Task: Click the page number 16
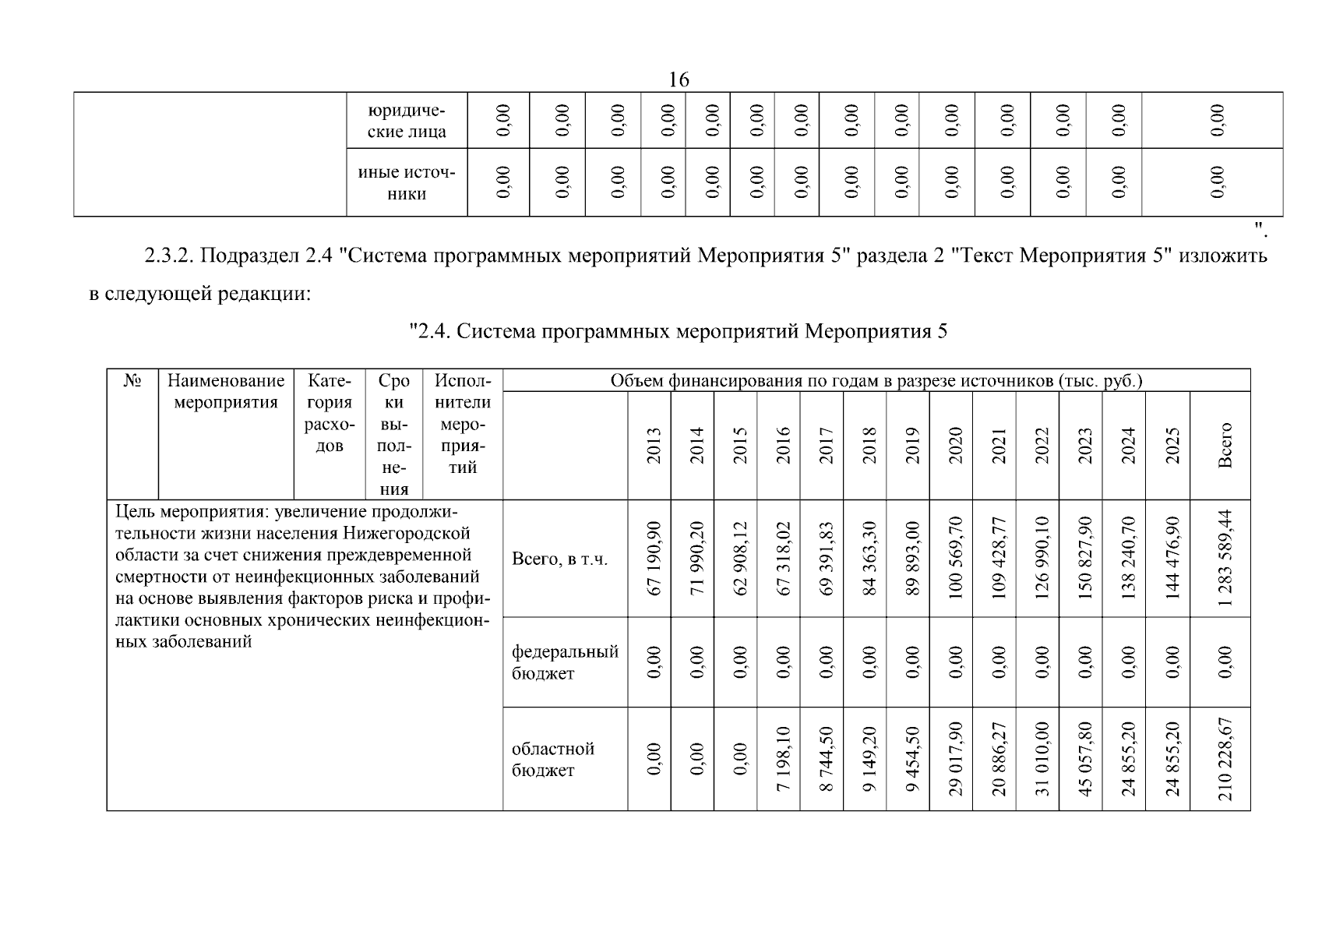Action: point(679,79)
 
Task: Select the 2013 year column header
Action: point(654,446)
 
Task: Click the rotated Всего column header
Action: point(1225,446)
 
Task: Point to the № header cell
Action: point(132,382)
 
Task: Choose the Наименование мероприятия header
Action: point(226,392)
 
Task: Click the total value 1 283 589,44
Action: point(1225,559)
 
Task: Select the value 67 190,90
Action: point(654,559)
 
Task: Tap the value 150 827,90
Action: point(1085,559)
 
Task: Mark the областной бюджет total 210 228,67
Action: point(1225,759)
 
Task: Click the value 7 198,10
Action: point(783,759)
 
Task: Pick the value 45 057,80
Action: point(1085,759)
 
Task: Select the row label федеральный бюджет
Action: point(565,662)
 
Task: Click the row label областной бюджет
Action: point(553,759)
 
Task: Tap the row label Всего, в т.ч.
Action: point(559,559)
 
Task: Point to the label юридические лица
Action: point(407,121)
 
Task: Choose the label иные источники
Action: point(407,183)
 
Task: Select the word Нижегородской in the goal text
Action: point(407,534)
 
